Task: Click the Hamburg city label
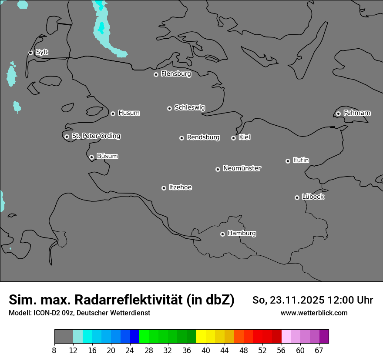pyautogui.click(x=242, y=233)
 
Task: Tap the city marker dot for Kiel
pyautogui.click(x=233, y=138)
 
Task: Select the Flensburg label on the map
pyautogui.click(x=176, y=74)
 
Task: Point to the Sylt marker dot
pyautogui.click(x=31, y=53)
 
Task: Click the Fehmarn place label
pyautogui.click(x=357, y=113)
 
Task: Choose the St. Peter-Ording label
pyautogui.click(x=96, y=136)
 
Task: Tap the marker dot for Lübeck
pyautogui.click(x=297, y=197)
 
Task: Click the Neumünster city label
pyautogui.click(x=242, y=168)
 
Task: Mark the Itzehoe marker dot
pyautogui.click(x=164, y=188)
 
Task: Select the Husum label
pyautogui.click(x=129, y=113)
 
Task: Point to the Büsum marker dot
pyautogui.click(x=91, y=157)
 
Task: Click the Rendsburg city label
pyautogui.click(x=203, y=137)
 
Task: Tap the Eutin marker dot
pyautogui.click(x=288, y=161)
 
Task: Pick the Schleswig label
pyautogui.click(x=189, y=107)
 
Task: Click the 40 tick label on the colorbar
pyautogui.click(x=206, y=351)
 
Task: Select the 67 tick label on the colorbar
pyautogui.click(x=319, y=351)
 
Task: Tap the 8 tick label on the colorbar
pyautogui.click(x=54, y=351)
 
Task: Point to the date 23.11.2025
pyautogui.click(x=297, y=300)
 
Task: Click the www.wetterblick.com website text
pyautogui.click(x=314, y=313)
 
